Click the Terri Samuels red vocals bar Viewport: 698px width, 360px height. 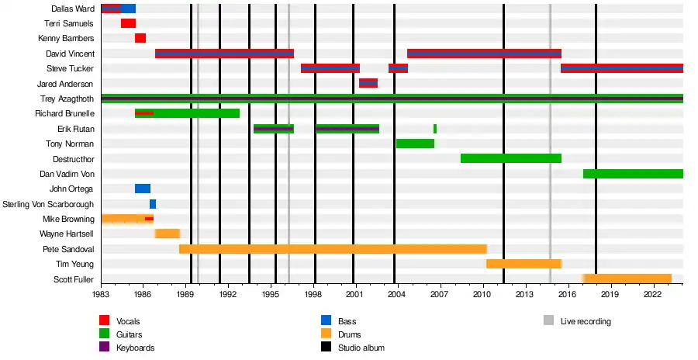click(x=128, y=23)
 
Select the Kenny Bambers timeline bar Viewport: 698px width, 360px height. click(x=140, y=38)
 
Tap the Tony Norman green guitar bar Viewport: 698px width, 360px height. click(x=415, y=144)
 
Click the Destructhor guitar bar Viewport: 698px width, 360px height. click(x=510, y=158)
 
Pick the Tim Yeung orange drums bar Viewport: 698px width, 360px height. click(x=523, y=264)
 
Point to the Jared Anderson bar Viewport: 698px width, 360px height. click(x=368, y=83)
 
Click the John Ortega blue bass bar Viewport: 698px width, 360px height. click(x=143, y=189)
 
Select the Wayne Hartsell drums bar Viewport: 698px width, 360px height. click(x=168, y=234)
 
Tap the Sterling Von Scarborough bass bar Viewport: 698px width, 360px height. click(x=153, y=204)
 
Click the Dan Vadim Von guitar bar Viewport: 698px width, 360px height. click(x=632, y=174)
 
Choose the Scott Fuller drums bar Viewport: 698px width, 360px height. click(x=627, y=279)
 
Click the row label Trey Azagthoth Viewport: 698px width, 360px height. click(x=67, y=99)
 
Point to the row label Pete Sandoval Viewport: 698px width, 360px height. click(x=68, y=249)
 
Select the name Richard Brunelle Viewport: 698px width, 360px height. click(x=64, y=113)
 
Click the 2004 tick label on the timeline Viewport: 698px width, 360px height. click(x=397, y=295)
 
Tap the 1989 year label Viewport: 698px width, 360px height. click(x=185, y=295)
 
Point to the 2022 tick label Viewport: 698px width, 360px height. click(x=652, y=295)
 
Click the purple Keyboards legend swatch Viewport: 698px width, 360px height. click(x=104, y=348)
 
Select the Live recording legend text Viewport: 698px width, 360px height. click(x=586, y=321)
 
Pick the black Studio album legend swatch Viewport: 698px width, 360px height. click(x=326, y=348)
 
